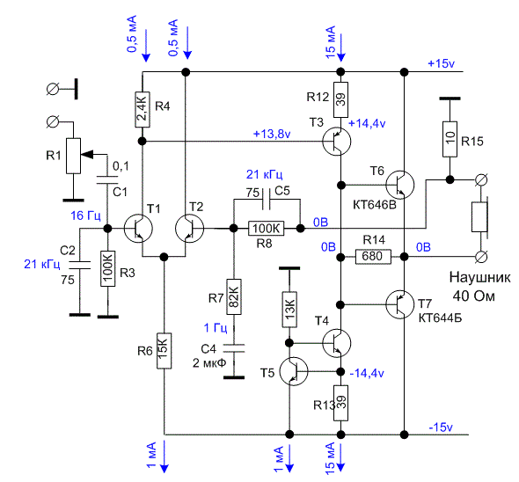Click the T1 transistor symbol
pos(138,229)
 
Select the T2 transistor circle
pos(190,229)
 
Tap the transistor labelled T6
pos(400,185)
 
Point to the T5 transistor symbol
pos(294,371)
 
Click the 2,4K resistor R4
pos(143,110)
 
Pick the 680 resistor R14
pos(373,257)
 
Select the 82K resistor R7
pos(234,296)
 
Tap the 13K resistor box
pos(289,310)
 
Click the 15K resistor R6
pos(164,351)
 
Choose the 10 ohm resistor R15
pos(450,139)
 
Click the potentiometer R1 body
pos(74,156)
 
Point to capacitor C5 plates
pos(267,200)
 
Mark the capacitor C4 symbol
pos(234,348)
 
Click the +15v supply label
pos(442,63)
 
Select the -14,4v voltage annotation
pos(367,373)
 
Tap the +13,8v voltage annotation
pos(272,134)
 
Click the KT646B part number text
pos(375,205)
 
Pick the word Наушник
pos(480,277)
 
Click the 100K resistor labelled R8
pos(267,229)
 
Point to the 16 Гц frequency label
pos(85,215)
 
